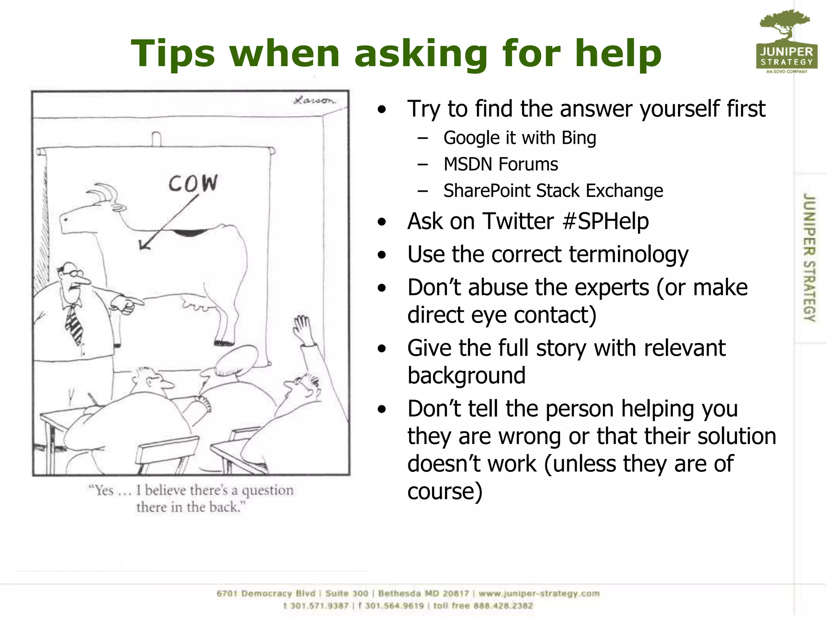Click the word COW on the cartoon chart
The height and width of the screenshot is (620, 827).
[193, 184]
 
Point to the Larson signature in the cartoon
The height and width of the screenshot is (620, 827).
[314, 100]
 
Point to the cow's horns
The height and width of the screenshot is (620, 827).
[103, 193]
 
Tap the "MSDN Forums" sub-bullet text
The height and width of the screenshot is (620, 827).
[501, 164]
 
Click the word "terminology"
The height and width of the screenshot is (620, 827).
[628, 255]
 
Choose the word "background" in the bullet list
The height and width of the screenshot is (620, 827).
[466, 375]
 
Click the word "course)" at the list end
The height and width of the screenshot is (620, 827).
[445, 491]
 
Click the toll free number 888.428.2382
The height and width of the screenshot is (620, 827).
[503, 605]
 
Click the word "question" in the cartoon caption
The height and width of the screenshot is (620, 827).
[268, 490]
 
